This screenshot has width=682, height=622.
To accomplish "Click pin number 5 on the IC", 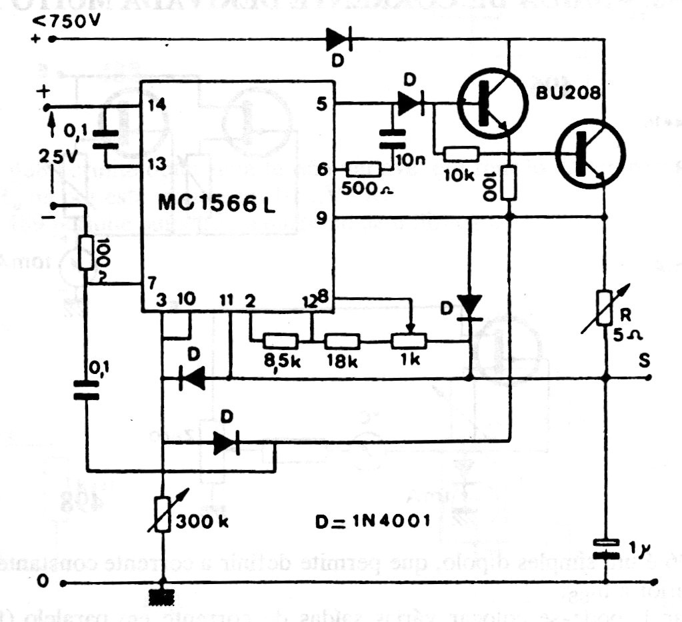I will tap(323, 104).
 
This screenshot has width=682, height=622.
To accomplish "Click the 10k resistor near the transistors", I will tap(461, 155).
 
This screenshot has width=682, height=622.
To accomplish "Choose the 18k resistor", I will tap(343, 341).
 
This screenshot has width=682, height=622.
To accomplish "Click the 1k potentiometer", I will tap(407, 341).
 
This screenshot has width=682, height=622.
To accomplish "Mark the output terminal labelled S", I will tap(644, 361).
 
